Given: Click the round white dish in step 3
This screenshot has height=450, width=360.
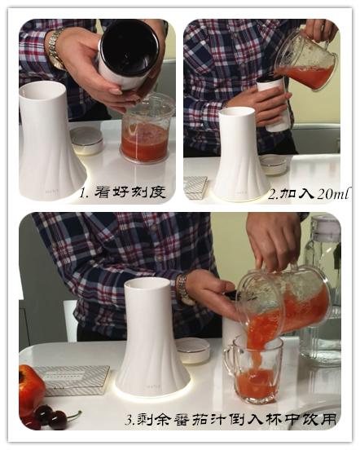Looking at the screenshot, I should pyautogui.click(x=193, y=351).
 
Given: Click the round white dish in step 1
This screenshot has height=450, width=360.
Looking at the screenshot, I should pyautogui.click(x=86, y=140).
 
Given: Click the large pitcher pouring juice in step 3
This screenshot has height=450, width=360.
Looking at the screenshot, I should pyautogui.click(x=285, y=302).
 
